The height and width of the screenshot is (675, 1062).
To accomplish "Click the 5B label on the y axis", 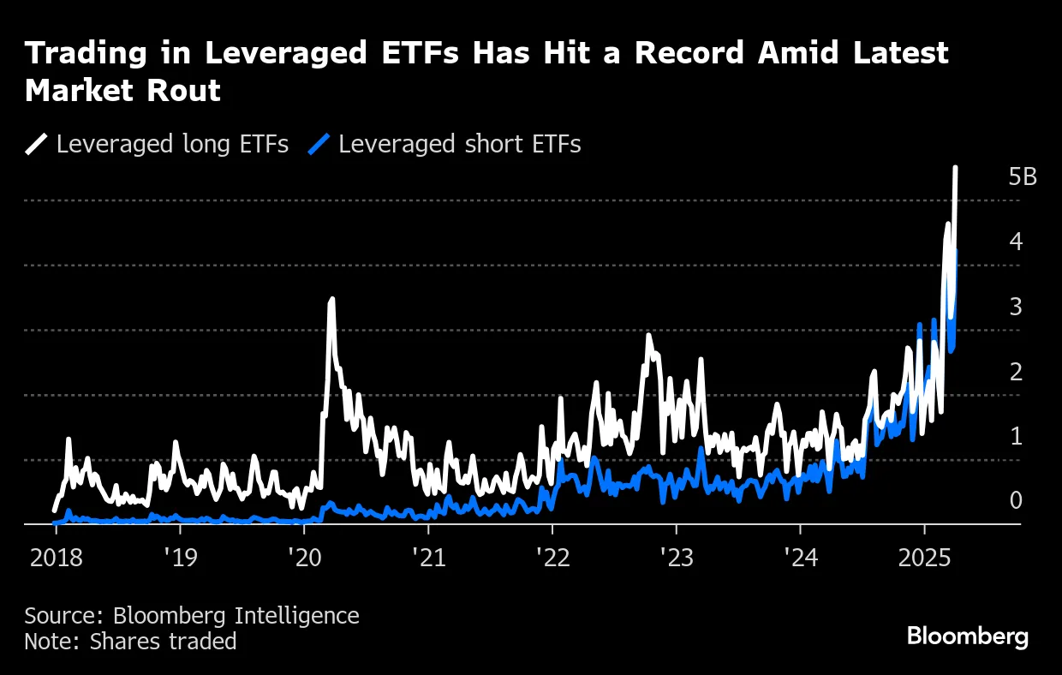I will coord(1023,177).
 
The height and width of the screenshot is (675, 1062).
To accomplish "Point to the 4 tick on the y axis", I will coord(1016,242).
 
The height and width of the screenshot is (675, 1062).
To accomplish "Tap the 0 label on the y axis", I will coord(1016,500).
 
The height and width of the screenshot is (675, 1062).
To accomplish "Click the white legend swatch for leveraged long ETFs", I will coord(37,144).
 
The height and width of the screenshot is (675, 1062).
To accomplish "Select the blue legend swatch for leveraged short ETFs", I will coord(319,144).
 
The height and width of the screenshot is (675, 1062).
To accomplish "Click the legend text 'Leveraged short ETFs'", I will coord(459,144).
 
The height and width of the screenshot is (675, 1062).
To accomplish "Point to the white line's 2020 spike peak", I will coord(331,299).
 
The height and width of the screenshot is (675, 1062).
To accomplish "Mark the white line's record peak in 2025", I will coord(955,169).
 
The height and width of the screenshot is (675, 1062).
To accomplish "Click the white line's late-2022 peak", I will coord(649,335).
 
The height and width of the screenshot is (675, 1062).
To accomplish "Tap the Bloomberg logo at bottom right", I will coord(967,636).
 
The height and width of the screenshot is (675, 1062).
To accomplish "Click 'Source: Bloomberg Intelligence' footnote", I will coord(192,615).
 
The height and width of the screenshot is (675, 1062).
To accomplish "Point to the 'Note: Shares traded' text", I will coord(130,641).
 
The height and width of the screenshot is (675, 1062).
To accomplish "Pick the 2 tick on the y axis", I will coord(1016,372).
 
